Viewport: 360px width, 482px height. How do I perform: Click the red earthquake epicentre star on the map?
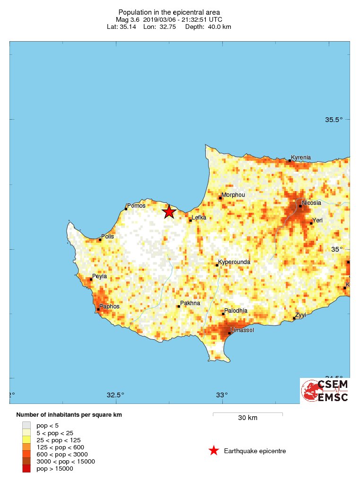click(169, 212)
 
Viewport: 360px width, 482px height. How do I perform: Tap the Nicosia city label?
click(312, 203)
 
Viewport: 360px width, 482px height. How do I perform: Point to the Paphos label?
click(109, 307)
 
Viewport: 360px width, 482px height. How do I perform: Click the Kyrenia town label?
click(301, 158)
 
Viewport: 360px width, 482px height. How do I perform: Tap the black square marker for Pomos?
click(126, 209)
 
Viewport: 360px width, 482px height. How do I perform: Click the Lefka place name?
click(199, 218)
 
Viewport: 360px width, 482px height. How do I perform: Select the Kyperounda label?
click(234, 262)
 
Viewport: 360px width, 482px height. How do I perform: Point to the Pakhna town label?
click(190, 303)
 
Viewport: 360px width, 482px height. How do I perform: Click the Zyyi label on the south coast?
click(300, 315)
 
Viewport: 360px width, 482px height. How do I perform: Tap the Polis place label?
click(107, 237)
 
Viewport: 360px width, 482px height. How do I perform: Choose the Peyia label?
click(100, 276)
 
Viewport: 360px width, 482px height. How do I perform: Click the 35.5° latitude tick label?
click(334, 120)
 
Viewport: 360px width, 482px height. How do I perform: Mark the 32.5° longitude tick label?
click(115, 395)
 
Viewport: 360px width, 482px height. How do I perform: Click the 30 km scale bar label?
click(247, 418)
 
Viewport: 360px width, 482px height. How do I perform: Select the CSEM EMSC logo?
click(325, 391)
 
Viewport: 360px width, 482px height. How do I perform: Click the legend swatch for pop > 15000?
click(26, 468)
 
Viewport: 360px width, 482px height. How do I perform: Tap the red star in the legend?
click(214, 451)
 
